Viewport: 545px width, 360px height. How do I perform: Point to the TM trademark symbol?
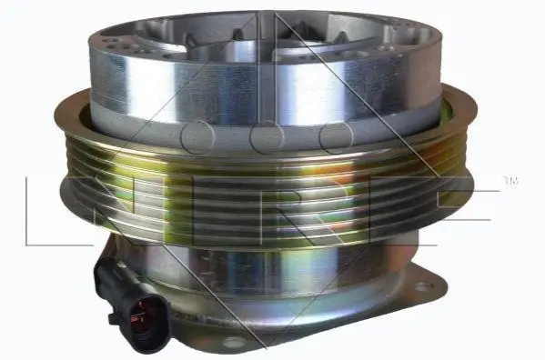tap(510, 181)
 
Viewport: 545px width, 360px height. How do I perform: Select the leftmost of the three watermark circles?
tap(197, 136)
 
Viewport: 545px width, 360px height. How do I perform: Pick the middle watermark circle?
tap(267, 136)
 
